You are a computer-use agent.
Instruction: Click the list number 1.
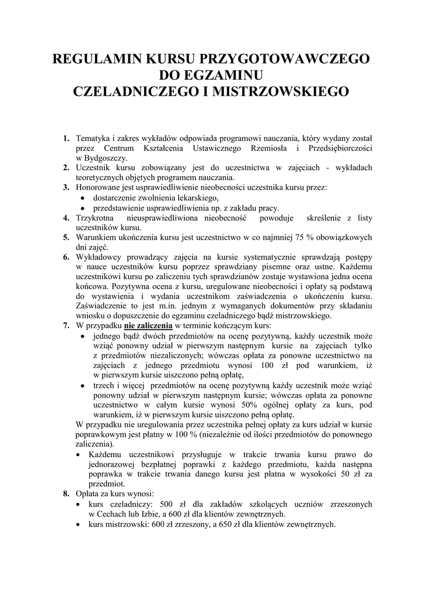click(x=66, y=139)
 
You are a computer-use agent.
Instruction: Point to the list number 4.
click(x=66, y=218)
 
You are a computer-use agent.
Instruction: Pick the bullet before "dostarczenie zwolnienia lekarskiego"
click(x=82, y=198)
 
